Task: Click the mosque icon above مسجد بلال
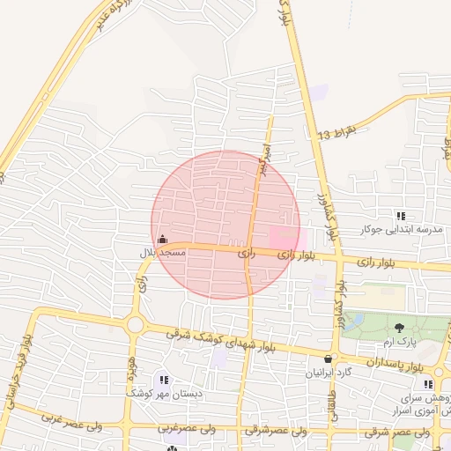[162, 239]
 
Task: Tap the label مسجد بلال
[163, 254]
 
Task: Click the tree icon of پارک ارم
[400, 328]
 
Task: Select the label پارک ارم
[400, 342]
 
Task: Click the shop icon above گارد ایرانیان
[329, 359]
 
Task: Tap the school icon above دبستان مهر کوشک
[165, 380]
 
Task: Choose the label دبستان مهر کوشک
[165, 394]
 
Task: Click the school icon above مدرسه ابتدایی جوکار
[401, 216]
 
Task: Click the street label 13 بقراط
[338, 133]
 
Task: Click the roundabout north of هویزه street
[135, 325]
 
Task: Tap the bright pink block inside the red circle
[283, 236]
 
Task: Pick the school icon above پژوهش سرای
[427, 384]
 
